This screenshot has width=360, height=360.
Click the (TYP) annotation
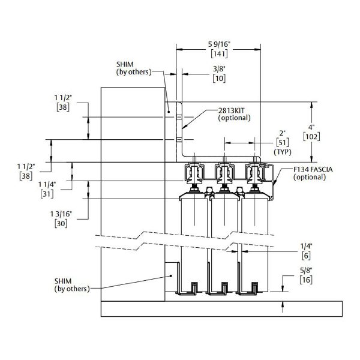(x=282, y=152)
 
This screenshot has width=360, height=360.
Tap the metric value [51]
(x=282, y=142)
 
